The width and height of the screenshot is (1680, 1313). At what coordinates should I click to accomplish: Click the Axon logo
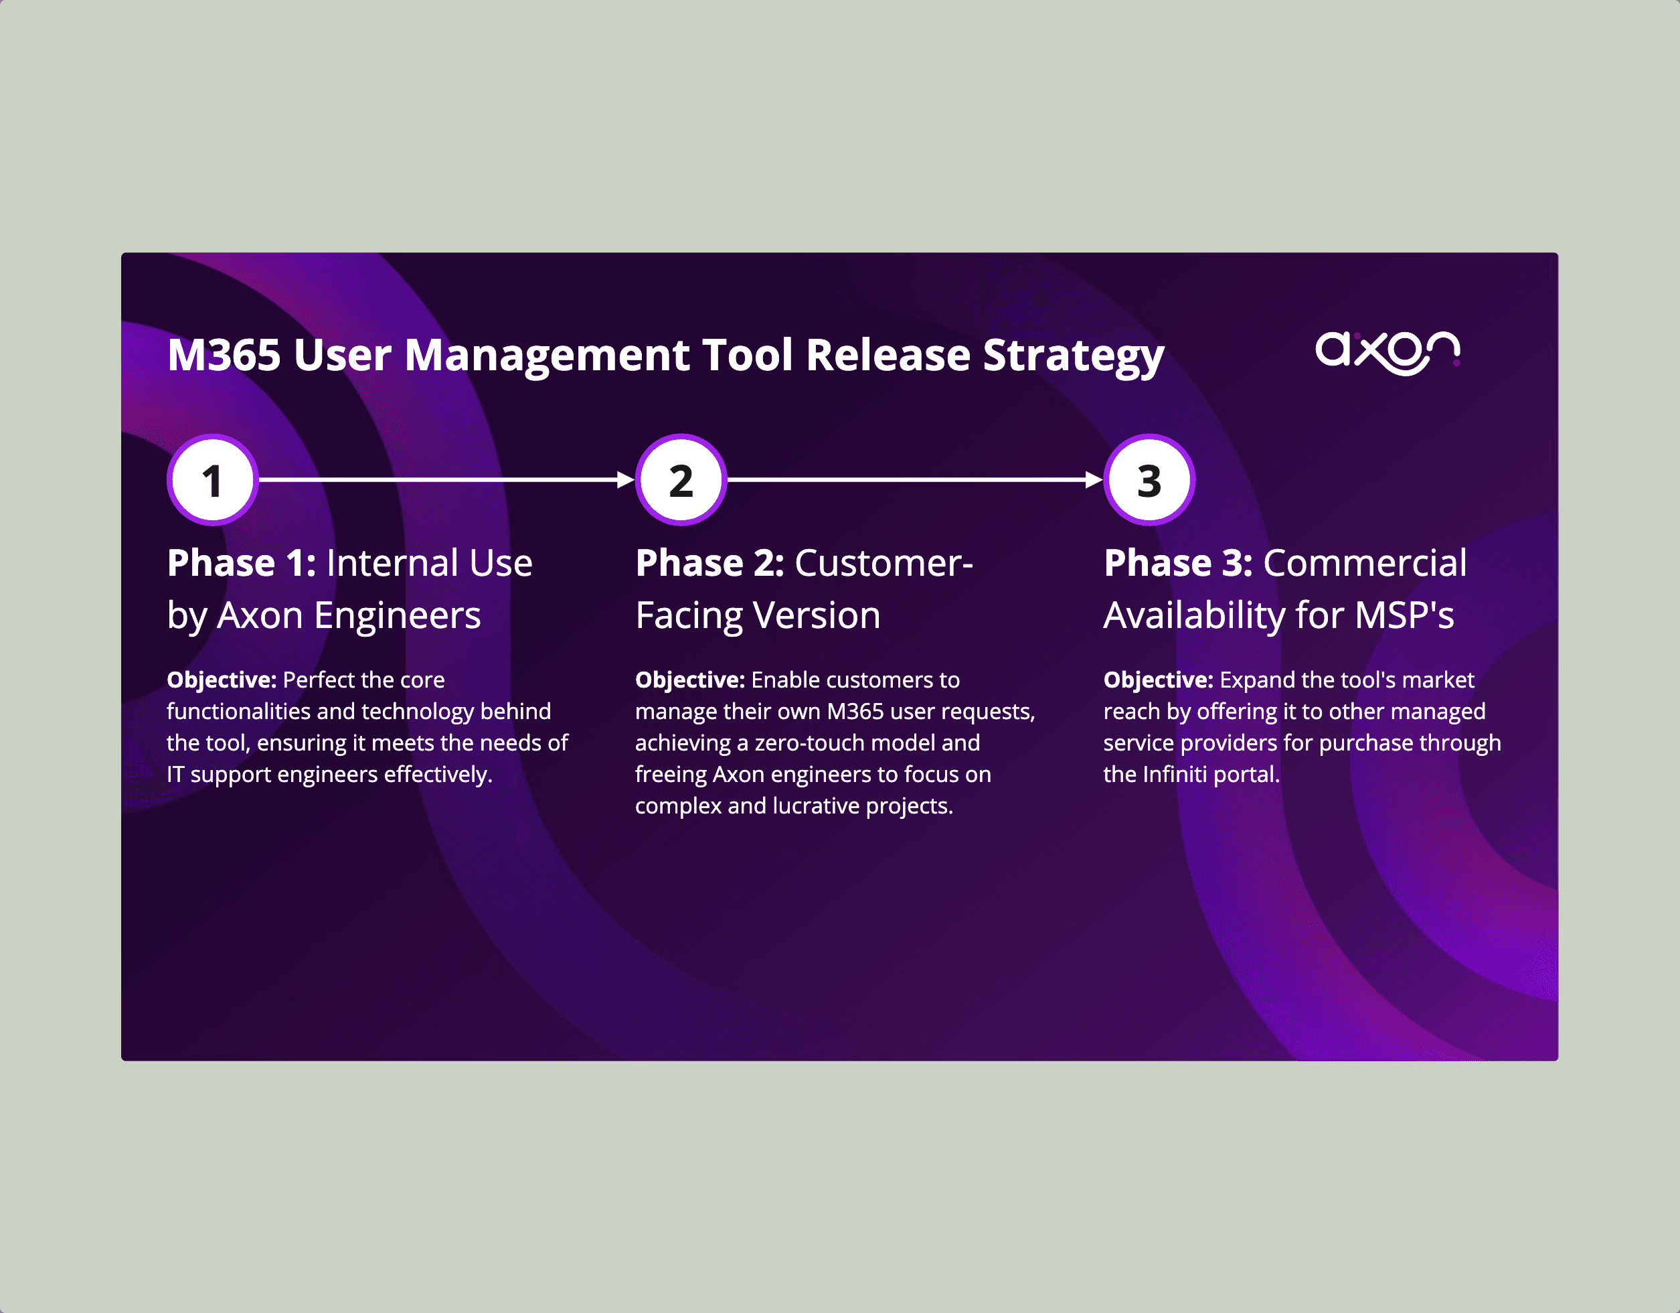(x=1388, y=354)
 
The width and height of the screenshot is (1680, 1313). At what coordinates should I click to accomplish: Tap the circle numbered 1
(x=212, y=480)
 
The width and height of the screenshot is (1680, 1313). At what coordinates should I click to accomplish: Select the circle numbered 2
(x=681, y=480)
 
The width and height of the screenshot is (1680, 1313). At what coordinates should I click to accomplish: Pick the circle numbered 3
(x=1149, y=480)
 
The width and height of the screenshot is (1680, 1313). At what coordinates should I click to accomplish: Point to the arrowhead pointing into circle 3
(x=1094, y=480)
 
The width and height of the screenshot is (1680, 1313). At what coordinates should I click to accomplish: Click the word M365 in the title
(x=224, y=356)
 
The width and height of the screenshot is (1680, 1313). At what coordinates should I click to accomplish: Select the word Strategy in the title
(x=1073, y=357)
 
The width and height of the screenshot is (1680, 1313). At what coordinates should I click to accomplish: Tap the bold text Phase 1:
(x=242, y=563)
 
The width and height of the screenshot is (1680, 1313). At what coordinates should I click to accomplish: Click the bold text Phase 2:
(x=709, y=563)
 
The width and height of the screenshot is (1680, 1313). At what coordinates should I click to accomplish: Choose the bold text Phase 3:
(x=1178, y=563)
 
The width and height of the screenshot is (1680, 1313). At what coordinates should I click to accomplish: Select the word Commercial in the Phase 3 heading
(x=1365, y=563)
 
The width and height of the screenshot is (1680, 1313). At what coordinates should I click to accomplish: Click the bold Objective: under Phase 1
(x=222, y=680)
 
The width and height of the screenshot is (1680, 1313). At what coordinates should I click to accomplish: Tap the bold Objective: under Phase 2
(x=689, y=680)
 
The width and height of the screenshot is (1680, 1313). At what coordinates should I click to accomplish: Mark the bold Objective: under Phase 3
(x=1158, y=680)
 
